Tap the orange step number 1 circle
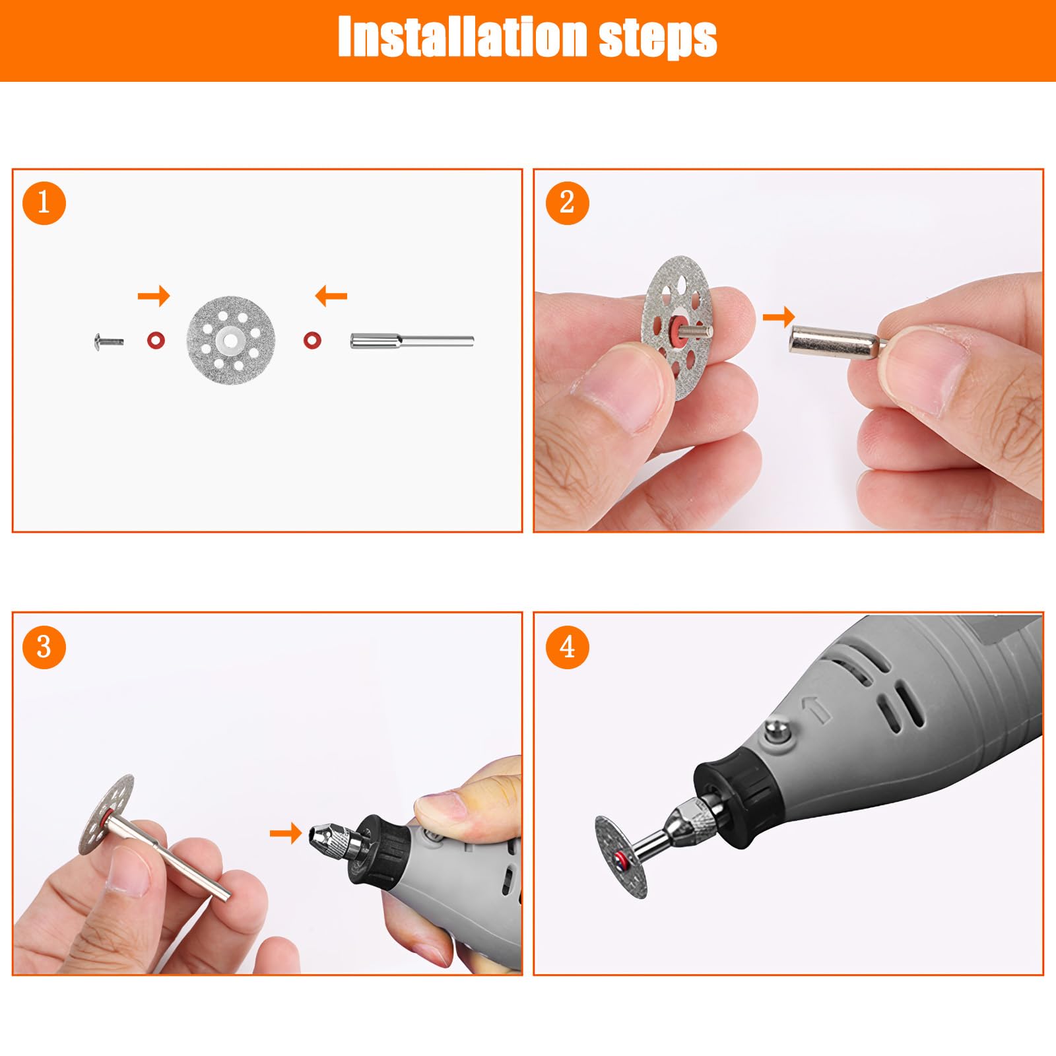pyautogui.click(x=44, y=202)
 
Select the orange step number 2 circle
pyautogui.click(x=567, y=202)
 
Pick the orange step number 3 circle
pyautogui.click(x=44, y=647)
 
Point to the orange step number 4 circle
pyautogui.click(x=567, y=647)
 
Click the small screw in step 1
pyautogui.click(x=109, y=341)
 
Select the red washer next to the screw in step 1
pyautogui.click(x=156, y=341)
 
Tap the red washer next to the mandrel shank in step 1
pyautogui.click(x=312, y=341)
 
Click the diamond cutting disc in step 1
pyautogui.click(x=231, y=340)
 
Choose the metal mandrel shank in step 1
pyautogui.click(x=412, y=342)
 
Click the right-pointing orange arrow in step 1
pyautogui.click(x=154, y=296)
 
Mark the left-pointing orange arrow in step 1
pyautogui.click(x=331, y=296)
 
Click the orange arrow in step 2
pyautogui.click(x=779, y=317)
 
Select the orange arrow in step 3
pyautogui.click(x=286, y=833)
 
